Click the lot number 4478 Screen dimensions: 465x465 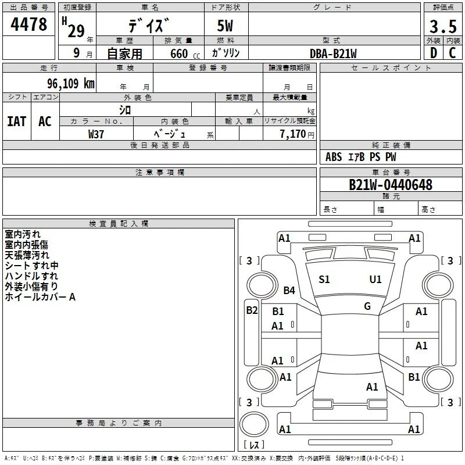(28, 24)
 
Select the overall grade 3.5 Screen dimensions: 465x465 (443, 26)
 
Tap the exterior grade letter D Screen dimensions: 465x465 (434, 53)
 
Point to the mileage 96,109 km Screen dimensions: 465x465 (71, 83)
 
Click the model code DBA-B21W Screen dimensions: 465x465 (333, 53)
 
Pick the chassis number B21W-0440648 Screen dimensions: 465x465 (391, 185)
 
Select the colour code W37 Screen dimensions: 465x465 (96, 134)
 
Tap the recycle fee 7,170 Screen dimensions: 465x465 (293, 134)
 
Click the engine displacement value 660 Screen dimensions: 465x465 (179, 53)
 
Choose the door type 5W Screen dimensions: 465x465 (225, 26)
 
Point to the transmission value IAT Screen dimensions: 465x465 (17, 121)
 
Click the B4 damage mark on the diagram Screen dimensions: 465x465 (289, 290)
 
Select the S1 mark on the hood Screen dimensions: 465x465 (324, 280)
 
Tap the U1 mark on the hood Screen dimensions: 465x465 (375, 280)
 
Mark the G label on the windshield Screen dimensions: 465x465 (367, 306)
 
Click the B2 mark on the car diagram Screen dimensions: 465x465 (252, 310)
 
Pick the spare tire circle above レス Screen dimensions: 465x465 (254, 424)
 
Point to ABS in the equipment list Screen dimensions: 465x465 (334, 157)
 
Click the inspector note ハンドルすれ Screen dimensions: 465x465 (31, 276)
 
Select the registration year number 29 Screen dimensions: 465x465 (76, 31)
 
